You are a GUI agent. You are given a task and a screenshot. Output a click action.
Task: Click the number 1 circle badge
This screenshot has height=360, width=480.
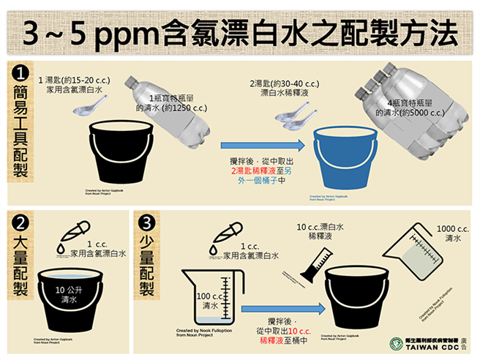tap(21, 75)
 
